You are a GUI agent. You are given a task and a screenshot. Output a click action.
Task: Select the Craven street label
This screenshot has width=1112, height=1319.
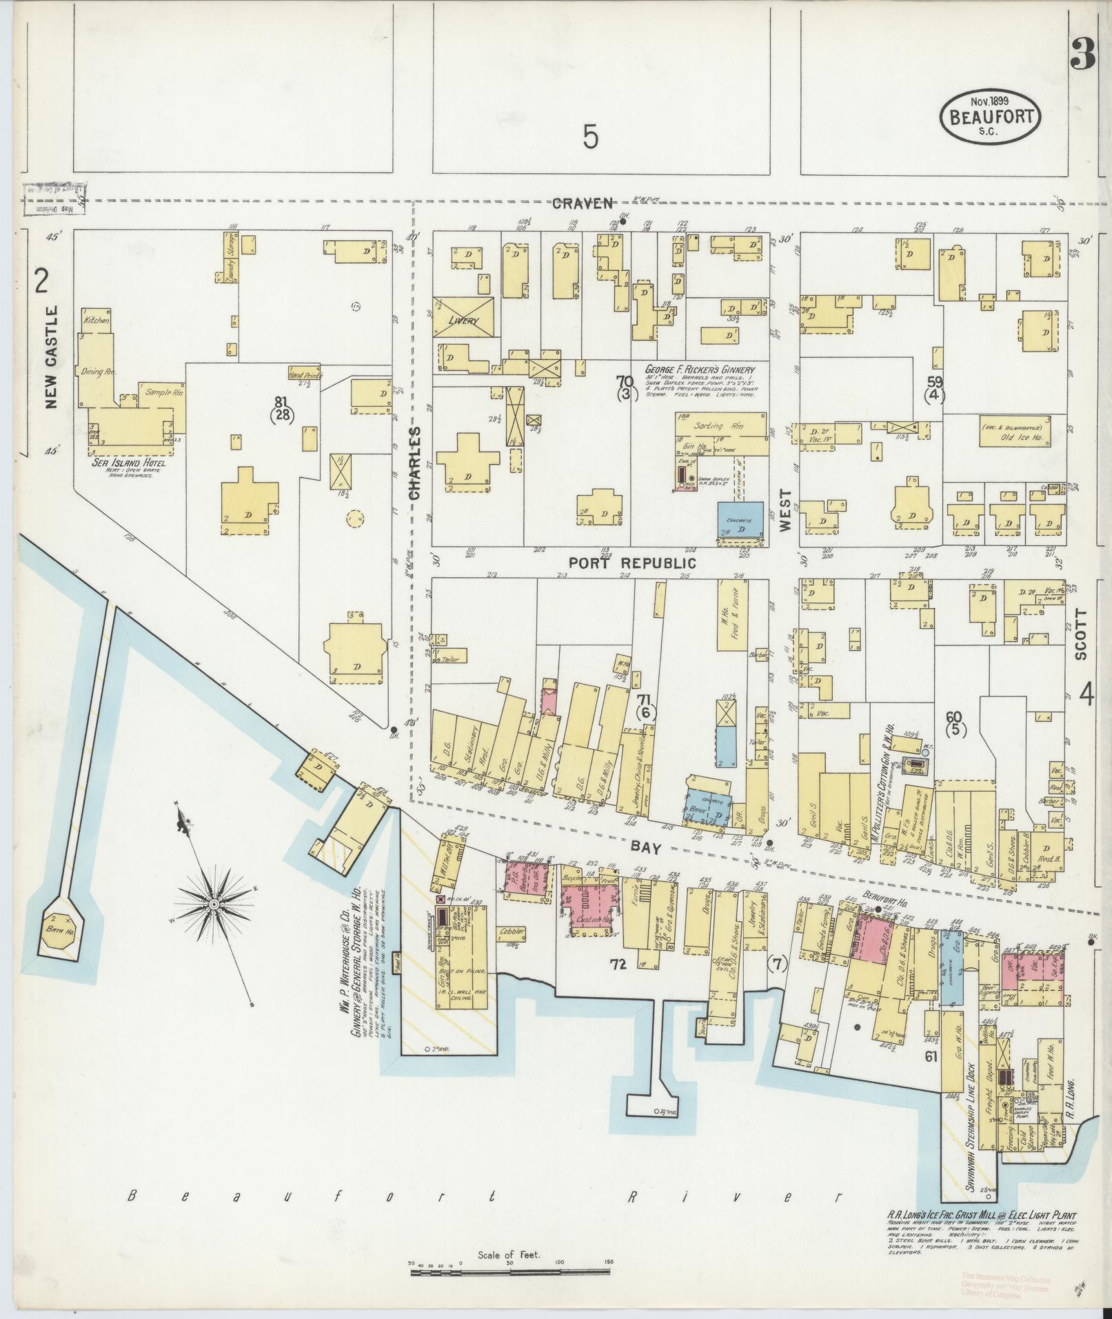pyautogui.click(x=582, y=203)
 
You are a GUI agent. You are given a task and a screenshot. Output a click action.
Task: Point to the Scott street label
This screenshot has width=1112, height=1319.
pyautogui.click(x=1081, y=634)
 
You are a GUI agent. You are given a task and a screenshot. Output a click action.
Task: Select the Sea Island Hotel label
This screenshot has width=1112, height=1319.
pyautogui.click(x=130, y=463)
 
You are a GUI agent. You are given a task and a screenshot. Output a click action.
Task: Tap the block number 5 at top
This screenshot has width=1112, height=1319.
pyautogui.click(x=590, y=138)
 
